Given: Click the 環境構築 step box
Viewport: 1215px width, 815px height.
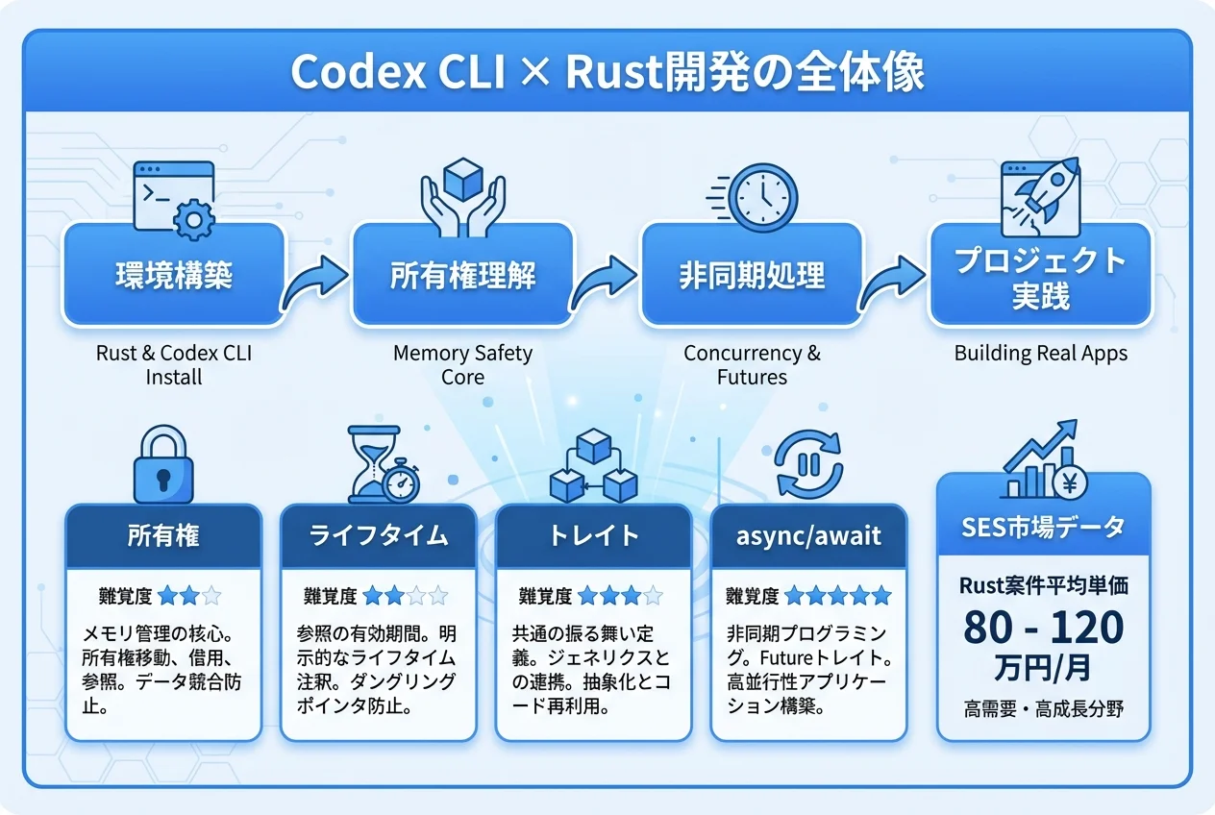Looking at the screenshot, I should pos(174,277).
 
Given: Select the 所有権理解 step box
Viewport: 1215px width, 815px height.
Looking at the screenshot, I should pos(462,277).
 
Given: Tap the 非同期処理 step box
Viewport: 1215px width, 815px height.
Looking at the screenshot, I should pos(752,277).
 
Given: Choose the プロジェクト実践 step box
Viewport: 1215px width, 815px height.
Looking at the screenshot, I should pos(1040,277).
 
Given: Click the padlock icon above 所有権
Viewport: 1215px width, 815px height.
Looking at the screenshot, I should pos(163,466).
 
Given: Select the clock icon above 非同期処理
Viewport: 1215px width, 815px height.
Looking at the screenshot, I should pos(762,195).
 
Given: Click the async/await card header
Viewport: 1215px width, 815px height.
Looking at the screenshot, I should pos(807,535).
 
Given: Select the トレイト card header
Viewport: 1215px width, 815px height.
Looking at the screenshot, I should pos(593,535).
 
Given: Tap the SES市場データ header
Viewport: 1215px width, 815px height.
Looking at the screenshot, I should pos(1043,527).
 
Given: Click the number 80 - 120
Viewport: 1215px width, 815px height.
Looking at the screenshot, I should pos(1043,628).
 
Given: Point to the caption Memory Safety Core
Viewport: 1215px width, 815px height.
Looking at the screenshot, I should pos(462,365).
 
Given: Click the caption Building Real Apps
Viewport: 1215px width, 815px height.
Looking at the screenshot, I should pos(1040,354).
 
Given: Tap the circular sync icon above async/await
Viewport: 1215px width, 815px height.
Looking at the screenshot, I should pos(807,463).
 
